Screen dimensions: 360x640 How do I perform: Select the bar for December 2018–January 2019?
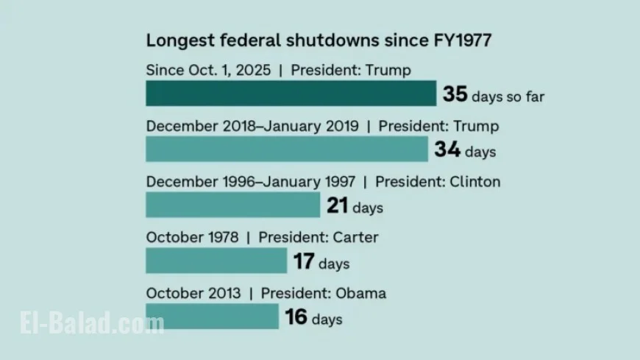coord(287,149)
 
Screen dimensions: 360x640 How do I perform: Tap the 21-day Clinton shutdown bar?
coord(232,205)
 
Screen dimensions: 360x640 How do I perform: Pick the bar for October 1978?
coord(216,261)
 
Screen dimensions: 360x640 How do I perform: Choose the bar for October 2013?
coord(212,317)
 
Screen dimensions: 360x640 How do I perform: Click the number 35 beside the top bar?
coord(455,95)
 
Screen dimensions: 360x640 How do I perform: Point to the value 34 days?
coord(447,151)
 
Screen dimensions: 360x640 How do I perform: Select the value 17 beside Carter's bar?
coord(303,262)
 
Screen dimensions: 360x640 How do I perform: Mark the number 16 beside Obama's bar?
coord(296,318)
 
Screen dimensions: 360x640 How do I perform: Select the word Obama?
coord(360,293)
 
